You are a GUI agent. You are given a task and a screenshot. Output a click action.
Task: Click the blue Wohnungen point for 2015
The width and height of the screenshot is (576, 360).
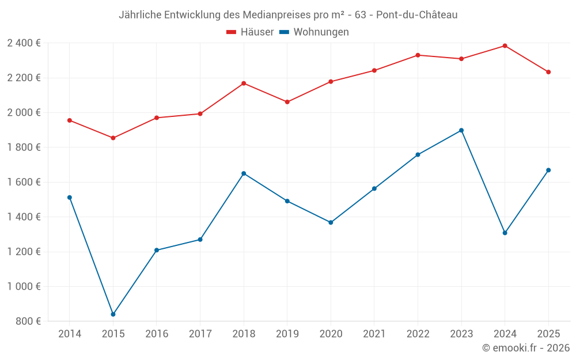[x=113, y=314]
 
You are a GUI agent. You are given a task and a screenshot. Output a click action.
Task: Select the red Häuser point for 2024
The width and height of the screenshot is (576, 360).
[x=505, y=46]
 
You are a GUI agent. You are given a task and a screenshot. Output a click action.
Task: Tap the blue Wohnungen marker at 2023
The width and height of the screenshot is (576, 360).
[x=461, y=130]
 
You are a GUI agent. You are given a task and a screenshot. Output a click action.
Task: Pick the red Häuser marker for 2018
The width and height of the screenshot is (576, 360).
[x=244, y=84]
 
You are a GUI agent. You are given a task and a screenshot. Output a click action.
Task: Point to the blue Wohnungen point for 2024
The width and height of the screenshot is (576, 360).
[x=505, y=233]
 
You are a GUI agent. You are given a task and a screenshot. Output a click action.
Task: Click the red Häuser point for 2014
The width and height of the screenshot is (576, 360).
[x=70, y=120]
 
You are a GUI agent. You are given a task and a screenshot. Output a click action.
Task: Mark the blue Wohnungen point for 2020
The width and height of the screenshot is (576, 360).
[x=331, y=222]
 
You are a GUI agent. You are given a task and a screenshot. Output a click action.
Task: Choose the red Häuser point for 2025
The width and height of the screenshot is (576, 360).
[x=548, y=72]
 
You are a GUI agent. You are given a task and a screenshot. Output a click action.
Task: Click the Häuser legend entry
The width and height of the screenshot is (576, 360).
[x=250, y=32]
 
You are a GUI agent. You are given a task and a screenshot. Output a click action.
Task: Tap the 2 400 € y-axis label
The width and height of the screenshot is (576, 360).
[x=24, y=43]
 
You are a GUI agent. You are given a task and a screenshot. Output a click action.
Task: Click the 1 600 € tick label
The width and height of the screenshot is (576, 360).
[x=24, y=182]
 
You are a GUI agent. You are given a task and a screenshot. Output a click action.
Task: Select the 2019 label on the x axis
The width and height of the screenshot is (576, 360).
[x=287, y=334]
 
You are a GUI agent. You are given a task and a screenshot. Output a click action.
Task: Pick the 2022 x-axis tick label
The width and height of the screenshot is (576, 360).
[x=418, y=334]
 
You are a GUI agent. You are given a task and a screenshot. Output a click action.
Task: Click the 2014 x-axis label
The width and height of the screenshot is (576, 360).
[x=70, y=334]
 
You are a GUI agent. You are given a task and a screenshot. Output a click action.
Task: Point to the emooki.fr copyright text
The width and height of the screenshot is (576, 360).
[x=526, y=348]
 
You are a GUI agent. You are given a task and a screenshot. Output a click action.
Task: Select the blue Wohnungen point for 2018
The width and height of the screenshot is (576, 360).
[x=244, y=173]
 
